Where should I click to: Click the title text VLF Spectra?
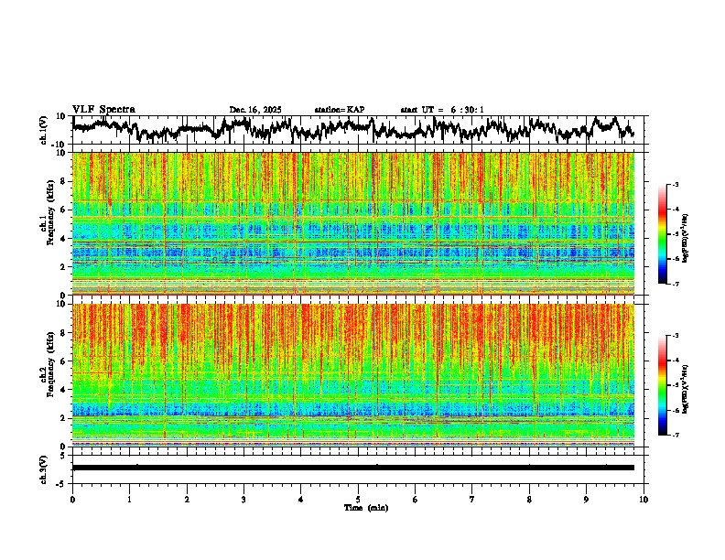pyautogui.click(x=103, y=109)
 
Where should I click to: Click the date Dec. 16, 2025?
pyautogui.click(x=254, y=110)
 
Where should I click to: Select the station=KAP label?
pyautogui.click(x=340, y=110)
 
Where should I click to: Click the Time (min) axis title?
pyautogui.click(x=365, y=507)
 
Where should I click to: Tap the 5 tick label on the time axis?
pyautogui.click(x=358, y=499)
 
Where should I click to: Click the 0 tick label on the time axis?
pyautogui.click(x=72, y=499)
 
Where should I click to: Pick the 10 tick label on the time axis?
pyautogui.click(x=644, y=499)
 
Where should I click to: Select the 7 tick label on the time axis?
pyautogui.click(x=471, y=499)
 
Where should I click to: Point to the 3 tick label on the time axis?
pyautogui.click(x=243, y=499)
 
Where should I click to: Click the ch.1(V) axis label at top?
pyautogui.click(x=44, y=131)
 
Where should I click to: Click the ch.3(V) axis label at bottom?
pyautogui.click(x=44, y=468)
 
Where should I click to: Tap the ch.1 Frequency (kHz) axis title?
pyautogui.click(x=47, y=224)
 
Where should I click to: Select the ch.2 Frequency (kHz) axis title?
pyautogui.click(x=47, y=375)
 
